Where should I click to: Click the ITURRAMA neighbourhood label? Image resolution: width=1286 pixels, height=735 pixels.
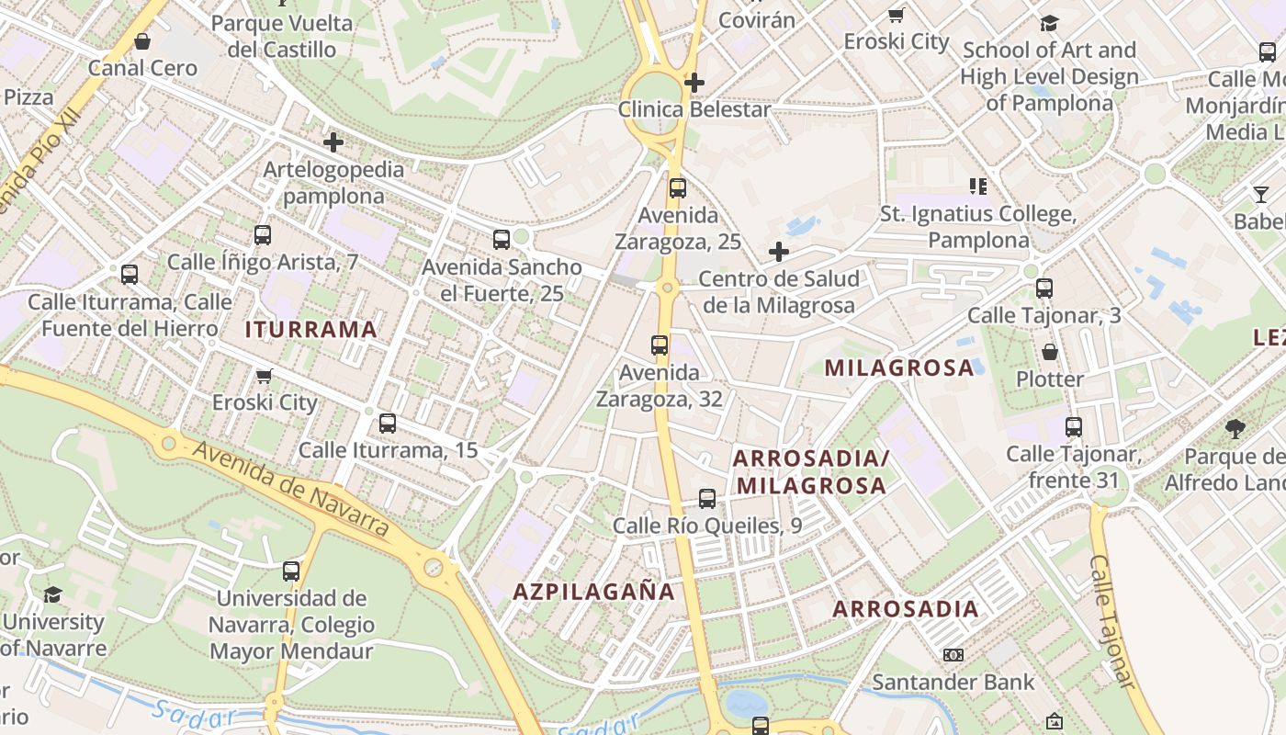(x=310, y=330)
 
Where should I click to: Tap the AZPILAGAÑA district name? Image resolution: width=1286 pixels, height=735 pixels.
(x=593, y=592)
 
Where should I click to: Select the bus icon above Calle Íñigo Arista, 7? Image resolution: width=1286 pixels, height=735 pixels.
(x=263, y=235)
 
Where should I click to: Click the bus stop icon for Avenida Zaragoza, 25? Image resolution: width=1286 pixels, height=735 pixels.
(x=678, y=188)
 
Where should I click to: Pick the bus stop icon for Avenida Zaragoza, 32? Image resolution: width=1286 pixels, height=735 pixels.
(x=660, y=345)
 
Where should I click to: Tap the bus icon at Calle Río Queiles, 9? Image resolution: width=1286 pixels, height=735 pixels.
(x=706, y=499)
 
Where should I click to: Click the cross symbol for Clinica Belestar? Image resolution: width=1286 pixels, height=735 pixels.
(x=694, y=83)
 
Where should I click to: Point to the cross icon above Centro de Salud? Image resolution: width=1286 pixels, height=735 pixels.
(x=779, y=252)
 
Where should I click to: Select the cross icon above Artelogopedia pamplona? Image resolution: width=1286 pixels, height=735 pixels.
(x=333, y=142)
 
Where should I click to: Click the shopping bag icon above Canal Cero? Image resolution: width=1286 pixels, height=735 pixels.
(x=142, y=41)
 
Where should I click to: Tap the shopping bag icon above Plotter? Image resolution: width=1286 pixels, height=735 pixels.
(x=1050, y=352)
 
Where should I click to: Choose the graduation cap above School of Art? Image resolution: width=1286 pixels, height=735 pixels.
(x=1049, y=23)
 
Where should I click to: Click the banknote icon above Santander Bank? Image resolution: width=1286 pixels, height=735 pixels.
(x=953, y=655)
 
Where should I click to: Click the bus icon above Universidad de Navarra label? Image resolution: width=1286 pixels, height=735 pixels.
(x=291, y=571)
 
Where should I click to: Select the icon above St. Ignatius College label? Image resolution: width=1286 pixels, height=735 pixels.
(x=978, y=187)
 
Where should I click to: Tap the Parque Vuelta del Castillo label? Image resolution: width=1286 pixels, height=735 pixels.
(x=282, y=35)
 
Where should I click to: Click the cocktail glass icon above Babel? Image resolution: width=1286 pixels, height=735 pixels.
(x=1261, y=195)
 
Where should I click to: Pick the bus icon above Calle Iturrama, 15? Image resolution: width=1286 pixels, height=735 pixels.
(x=388, y=424)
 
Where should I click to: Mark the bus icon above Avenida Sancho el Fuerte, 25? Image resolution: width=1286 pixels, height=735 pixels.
(x=502, y=240)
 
